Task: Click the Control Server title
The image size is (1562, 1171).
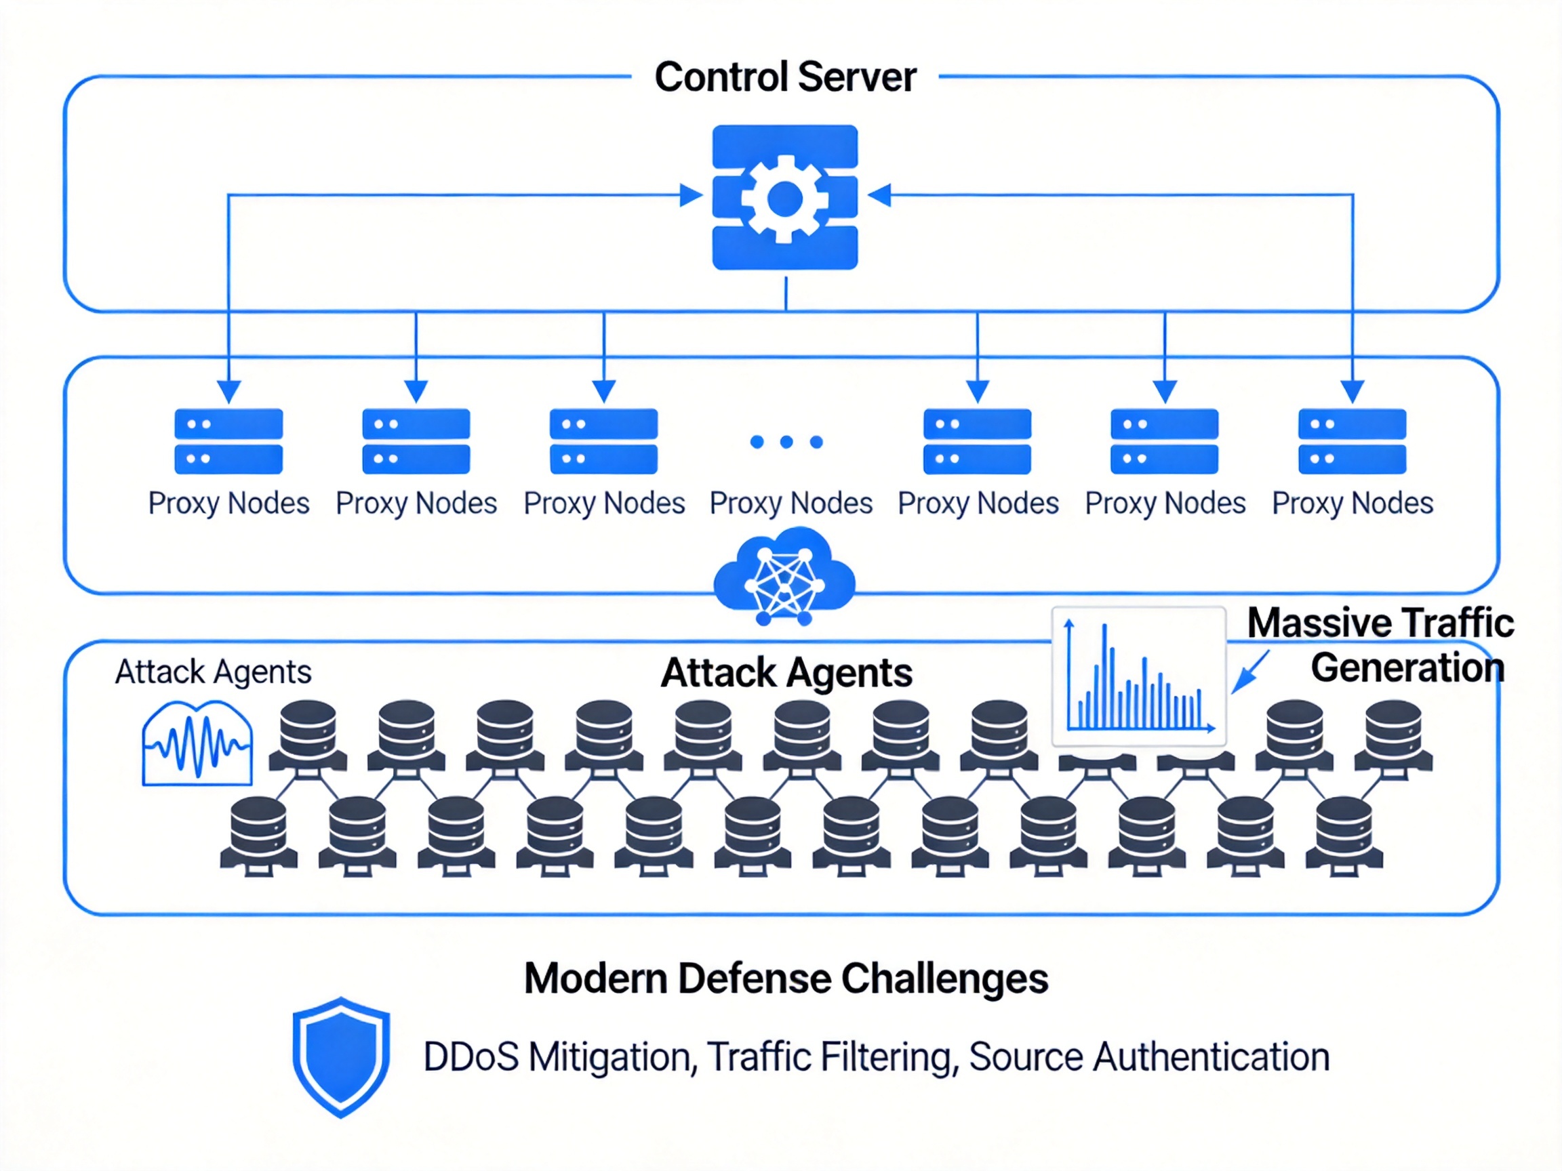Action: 785,77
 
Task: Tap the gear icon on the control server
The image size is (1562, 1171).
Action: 784,199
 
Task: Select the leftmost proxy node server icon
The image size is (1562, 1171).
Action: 228,441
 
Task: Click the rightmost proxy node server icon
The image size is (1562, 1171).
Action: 1352,441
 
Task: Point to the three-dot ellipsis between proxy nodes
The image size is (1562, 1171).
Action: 786,442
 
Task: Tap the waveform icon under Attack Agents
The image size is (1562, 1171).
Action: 198,743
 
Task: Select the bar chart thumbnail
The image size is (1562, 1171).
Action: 1138,676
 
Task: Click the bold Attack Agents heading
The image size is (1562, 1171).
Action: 786,672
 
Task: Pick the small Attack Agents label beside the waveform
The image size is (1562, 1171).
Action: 214,672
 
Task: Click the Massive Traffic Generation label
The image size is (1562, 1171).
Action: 1380,645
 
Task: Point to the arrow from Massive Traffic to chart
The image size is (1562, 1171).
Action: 1251,672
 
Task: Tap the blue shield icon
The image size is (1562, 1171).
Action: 342,1056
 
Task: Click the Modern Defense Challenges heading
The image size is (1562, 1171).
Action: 786,979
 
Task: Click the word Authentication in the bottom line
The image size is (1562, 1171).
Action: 1211,1056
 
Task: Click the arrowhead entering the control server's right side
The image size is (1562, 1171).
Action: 879,194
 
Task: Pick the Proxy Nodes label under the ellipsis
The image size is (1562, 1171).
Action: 791,504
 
